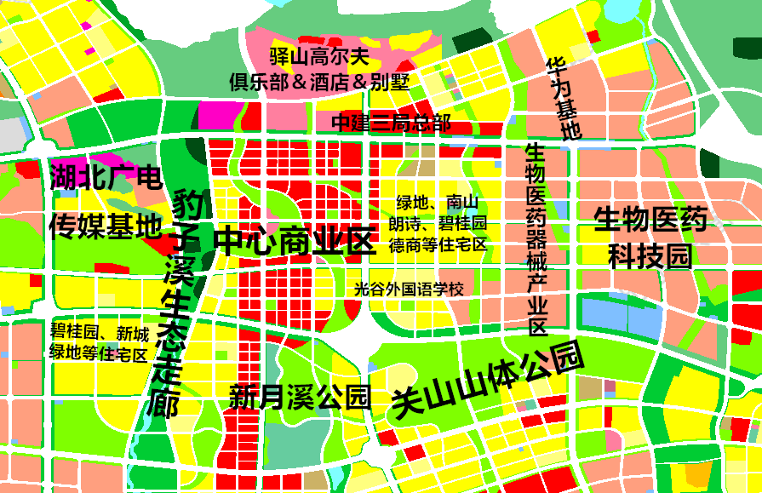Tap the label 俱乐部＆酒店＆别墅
pyautogui.click(x=319, y=82)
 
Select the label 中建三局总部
pyautogui.click(x=392, y=122)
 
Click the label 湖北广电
pyautogui.click(x=105, y=178)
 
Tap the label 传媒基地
pyautogui.click(x=105, y=226)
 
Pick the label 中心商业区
pyautogui.click(x=295, y=242)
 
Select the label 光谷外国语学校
pyautogui.click(x=409, y=289)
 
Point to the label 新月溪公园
pyautogui.click(x=300, y=396)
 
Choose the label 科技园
pyautogui.click(x=650, y=255)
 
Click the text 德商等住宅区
pyautogui.click(x=438, y=244)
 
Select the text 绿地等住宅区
pyautogui.click(x=99, y=353)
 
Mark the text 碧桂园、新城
pyautogui.click(x=99, y=332)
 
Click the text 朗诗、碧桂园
pyautogui.click(x=438, y=224)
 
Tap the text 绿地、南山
pyautogui.click(x=438, y=203)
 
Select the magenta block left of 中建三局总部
pyautogui.click(x=220, y=115)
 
